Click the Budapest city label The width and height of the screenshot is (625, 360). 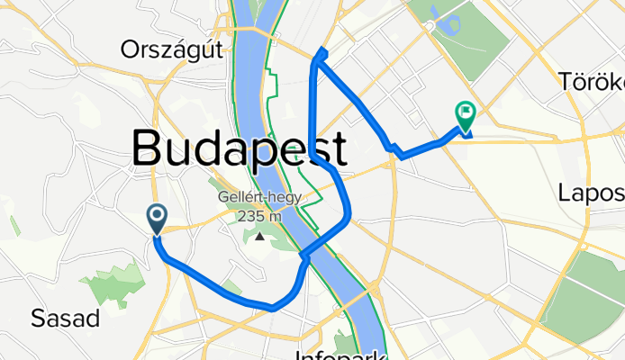click(x=240, y=148)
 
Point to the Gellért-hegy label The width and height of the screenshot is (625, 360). click(x=260, y=200)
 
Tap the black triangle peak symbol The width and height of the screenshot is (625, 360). click(x=260, y=237)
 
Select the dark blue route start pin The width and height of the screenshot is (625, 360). click(x=157, y=217)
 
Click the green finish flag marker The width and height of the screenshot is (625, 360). click(x=466, y=115)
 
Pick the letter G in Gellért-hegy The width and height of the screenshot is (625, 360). click(x=222, y=200)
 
